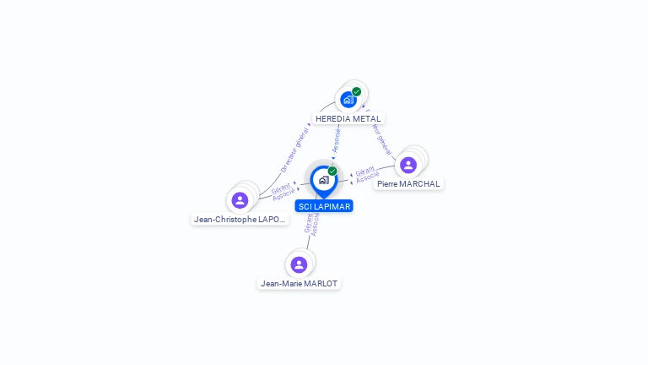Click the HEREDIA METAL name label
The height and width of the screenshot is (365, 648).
coord(348,119)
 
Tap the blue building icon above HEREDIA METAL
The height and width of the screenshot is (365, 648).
coord(348,100)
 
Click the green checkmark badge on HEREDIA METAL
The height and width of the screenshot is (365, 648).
coord(357,91)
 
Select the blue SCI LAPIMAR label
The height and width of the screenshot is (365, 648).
coord(324,206)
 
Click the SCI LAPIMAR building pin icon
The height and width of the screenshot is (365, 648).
coord(323,180)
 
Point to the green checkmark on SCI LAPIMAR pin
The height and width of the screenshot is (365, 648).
coord(332,171)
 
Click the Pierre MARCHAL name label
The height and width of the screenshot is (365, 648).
coord(408,183)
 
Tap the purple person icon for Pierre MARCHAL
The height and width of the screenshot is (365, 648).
coord(408,165)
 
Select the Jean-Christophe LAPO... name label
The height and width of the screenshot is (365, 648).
coord(240,219)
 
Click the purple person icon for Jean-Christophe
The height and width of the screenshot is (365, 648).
coord(240,200)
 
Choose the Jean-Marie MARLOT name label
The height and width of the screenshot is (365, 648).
coord(299,283)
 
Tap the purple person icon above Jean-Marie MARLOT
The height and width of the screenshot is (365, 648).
coord(299,264)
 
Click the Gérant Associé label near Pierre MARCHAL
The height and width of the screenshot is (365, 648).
coord(366,175)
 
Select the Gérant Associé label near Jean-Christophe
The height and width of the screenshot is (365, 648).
coord(283,190)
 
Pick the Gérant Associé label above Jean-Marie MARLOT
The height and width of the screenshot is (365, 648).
coord(310,222)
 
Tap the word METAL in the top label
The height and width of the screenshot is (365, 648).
coord(368,119)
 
